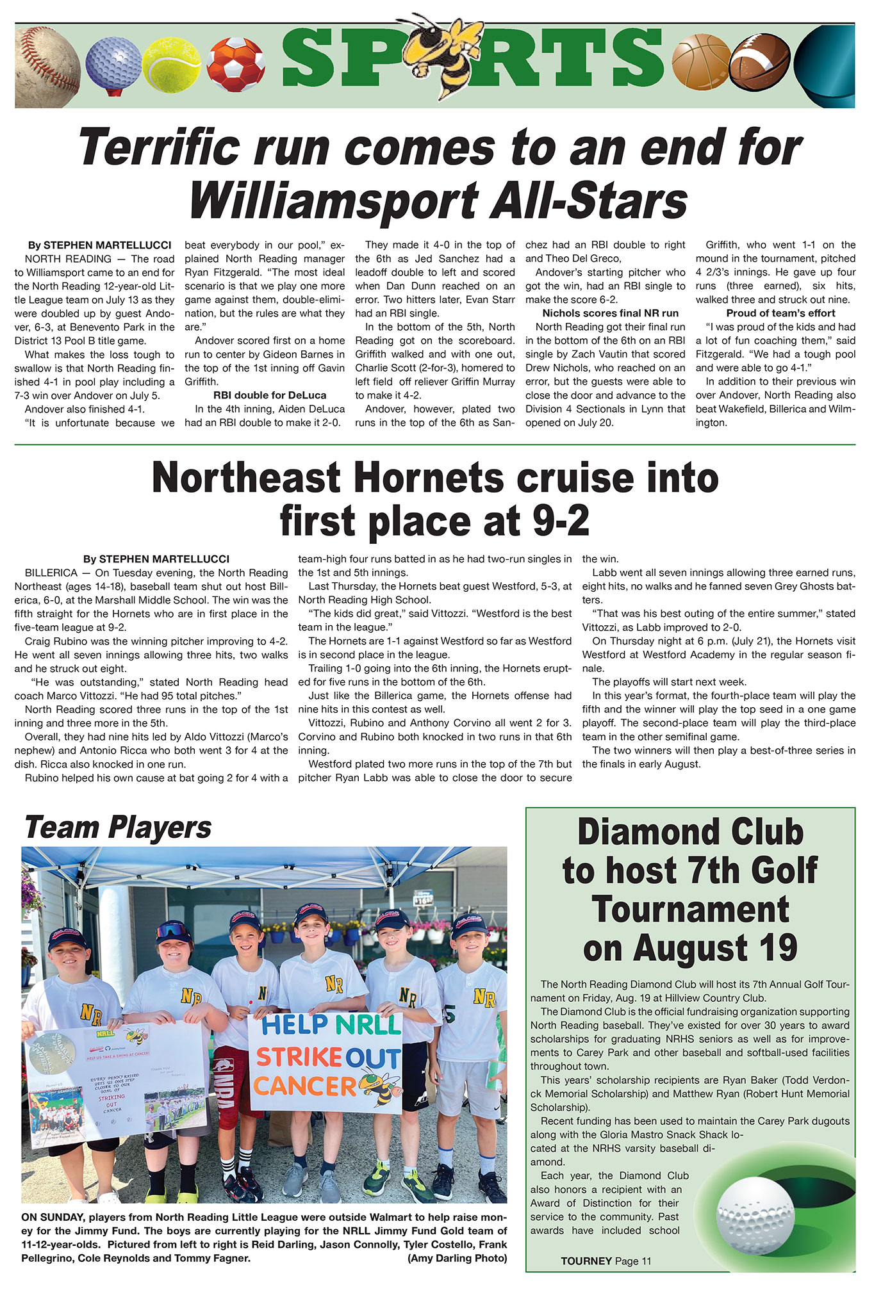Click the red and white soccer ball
(x=236, y=64)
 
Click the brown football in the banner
(x=760, y=64)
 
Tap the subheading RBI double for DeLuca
(x=270, y=395)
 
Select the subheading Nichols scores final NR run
(x=610, y=313)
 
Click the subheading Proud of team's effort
(x=780, y=313)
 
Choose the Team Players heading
(x=118, y=827)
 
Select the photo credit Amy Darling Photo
(x=457, y=1258)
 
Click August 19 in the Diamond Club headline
(x=690, y=949)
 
